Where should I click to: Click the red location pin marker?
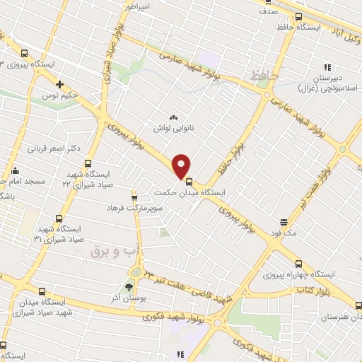tap(181, 165)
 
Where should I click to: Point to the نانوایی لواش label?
tap(173, 129)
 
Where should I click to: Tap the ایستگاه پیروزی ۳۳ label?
tap(28, 64)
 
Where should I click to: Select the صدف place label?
tap(267, 12)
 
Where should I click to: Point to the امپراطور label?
tap(138, 6)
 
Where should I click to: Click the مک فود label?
tap(283, 231)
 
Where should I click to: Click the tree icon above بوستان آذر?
tap(128, 287)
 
